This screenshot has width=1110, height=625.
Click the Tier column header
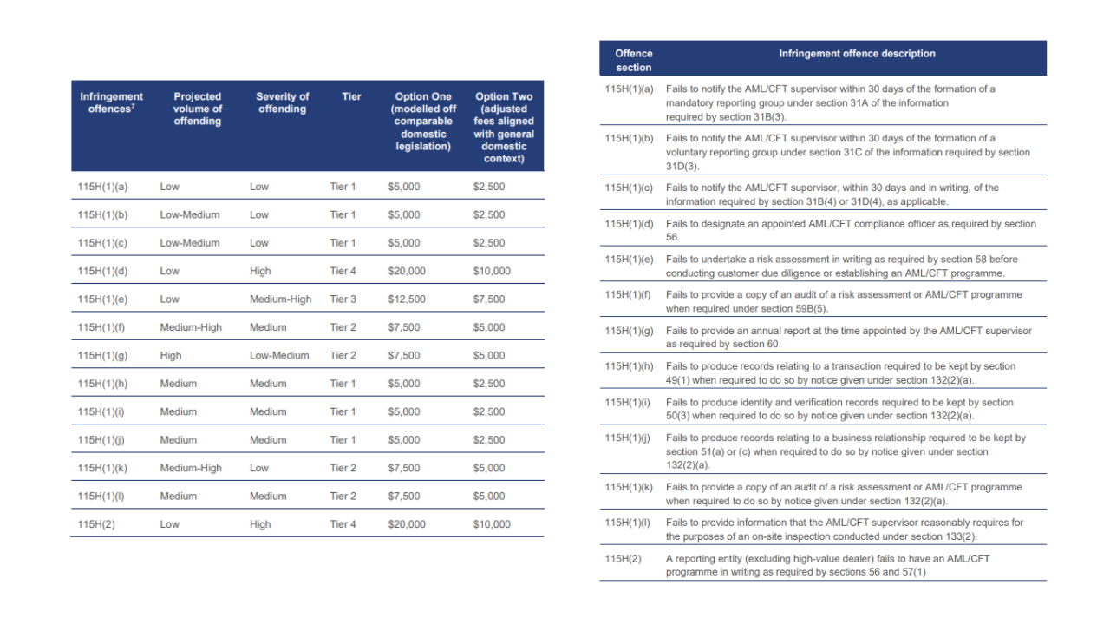(351, 96)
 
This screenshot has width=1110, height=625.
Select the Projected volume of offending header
(197, 109)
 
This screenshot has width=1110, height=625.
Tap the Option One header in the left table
(423, 122)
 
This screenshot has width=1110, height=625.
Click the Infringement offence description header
(857, 54)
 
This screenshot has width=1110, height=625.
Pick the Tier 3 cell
(343, 299)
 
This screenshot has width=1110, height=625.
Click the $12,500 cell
(407, 299)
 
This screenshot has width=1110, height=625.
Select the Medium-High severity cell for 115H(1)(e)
(280, 299)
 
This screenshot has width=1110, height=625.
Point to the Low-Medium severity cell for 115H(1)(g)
(279, 356)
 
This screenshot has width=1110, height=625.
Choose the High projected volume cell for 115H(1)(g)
(171, 356)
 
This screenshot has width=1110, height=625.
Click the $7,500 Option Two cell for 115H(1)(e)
(489, 299)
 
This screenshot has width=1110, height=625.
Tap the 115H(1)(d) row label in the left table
(102, 272)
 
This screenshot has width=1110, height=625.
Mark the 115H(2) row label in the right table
(623, 558)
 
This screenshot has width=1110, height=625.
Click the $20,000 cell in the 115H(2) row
(407, 524)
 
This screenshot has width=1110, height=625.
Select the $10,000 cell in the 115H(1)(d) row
(492, 272)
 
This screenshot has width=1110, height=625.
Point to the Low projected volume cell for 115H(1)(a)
(169, 187)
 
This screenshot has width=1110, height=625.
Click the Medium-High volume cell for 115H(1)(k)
(191, 468)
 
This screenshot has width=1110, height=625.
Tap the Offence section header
(634, 61)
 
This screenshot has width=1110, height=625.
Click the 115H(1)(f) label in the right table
(627, 294)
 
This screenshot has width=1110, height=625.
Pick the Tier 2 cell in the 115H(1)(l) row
(343, 496)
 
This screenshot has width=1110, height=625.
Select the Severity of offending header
(283, 102)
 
